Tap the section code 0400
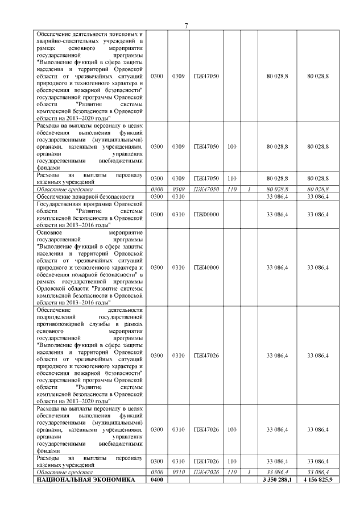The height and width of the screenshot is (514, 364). click(156, 480)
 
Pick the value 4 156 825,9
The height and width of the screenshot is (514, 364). click(318, 480)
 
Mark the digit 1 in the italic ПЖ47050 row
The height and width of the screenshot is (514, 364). click(249, 189)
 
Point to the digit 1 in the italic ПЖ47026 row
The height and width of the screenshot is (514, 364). click(249, 472)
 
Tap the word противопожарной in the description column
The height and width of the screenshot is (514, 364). click(61, 323)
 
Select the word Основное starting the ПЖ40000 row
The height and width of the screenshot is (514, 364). click(48, 232)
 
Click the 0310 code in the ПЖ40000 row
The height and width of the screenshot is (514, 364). click(179, 267)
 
